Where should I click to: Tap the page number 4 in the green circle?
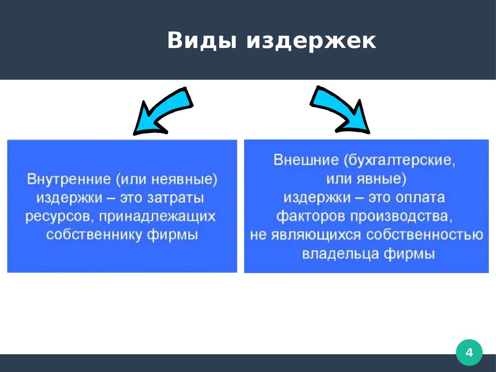pyautogui.click(x=469, y=353)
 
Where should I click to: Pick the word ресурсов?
pyautogui.click(x=55, y=217)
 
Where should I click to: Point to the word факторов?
pyautogui.click(x=310, y=216)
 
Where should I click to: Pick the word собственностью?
pyautogui.click(x=424, y=235)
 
